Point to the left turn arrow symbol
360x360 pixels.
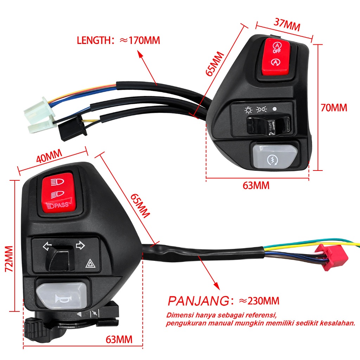[x=46, y=246]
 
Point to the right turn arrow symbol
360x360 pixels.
[x=81, y=245]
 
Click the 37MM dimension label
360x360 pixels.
[x=287, y=25]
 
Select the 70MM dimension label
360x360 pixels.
[x=334, y=108]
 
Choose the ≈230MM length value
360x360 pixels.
[x=259, y=301]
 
